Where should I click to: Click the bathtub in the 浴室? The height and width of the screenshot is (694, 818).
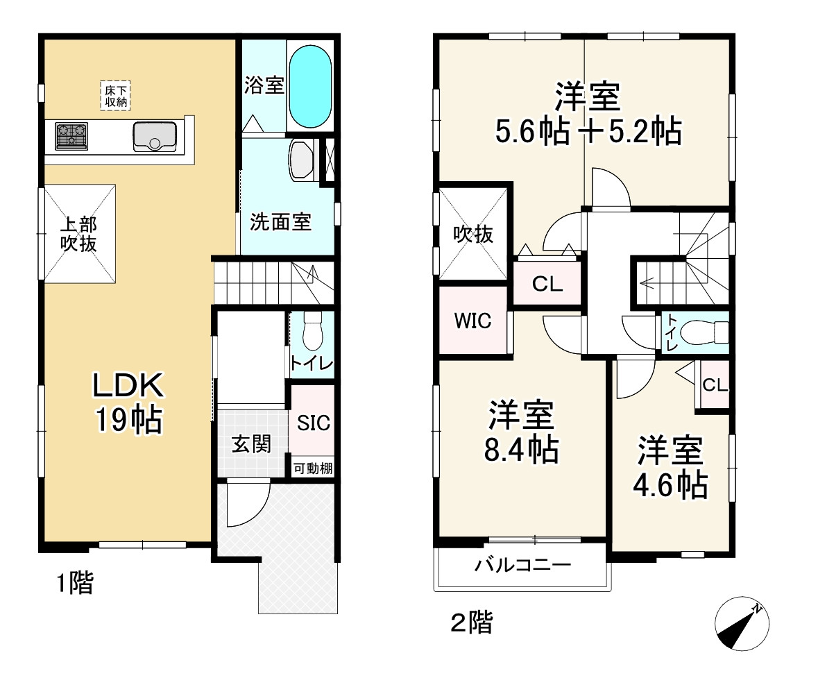(x=309, y=86)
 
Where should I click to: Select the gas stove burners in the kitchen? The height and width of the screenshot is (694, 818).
(x=71, y=135)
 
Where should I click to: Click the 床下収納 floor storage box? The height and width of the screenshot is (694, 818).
(x=116, y=96)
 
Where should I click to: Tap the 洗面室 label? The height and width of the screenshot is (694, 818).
(x=280, y=222)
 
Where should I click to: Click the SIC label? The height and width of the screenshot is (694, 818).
(x=313, y=423)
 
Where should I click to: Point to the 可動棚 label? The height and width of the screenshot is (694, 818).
(x=312, y=468)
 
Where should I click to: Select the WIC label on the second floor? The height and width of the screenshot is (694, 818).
(x=472, y=321)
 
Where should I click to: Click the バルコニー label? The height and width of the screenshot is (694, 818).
(x=523, y=565)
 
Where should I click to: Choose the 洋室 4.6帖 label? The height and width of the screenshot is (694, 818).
(x=670, y=467)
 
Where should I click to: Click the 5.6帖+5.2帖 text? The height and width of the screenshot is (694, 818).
(x=587, y=131)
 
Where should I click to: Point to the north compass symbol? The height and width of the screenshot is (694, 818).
(x=742, y=623)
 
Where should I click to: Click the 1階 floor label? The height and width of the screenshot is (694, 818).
(x=74, y=584)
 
